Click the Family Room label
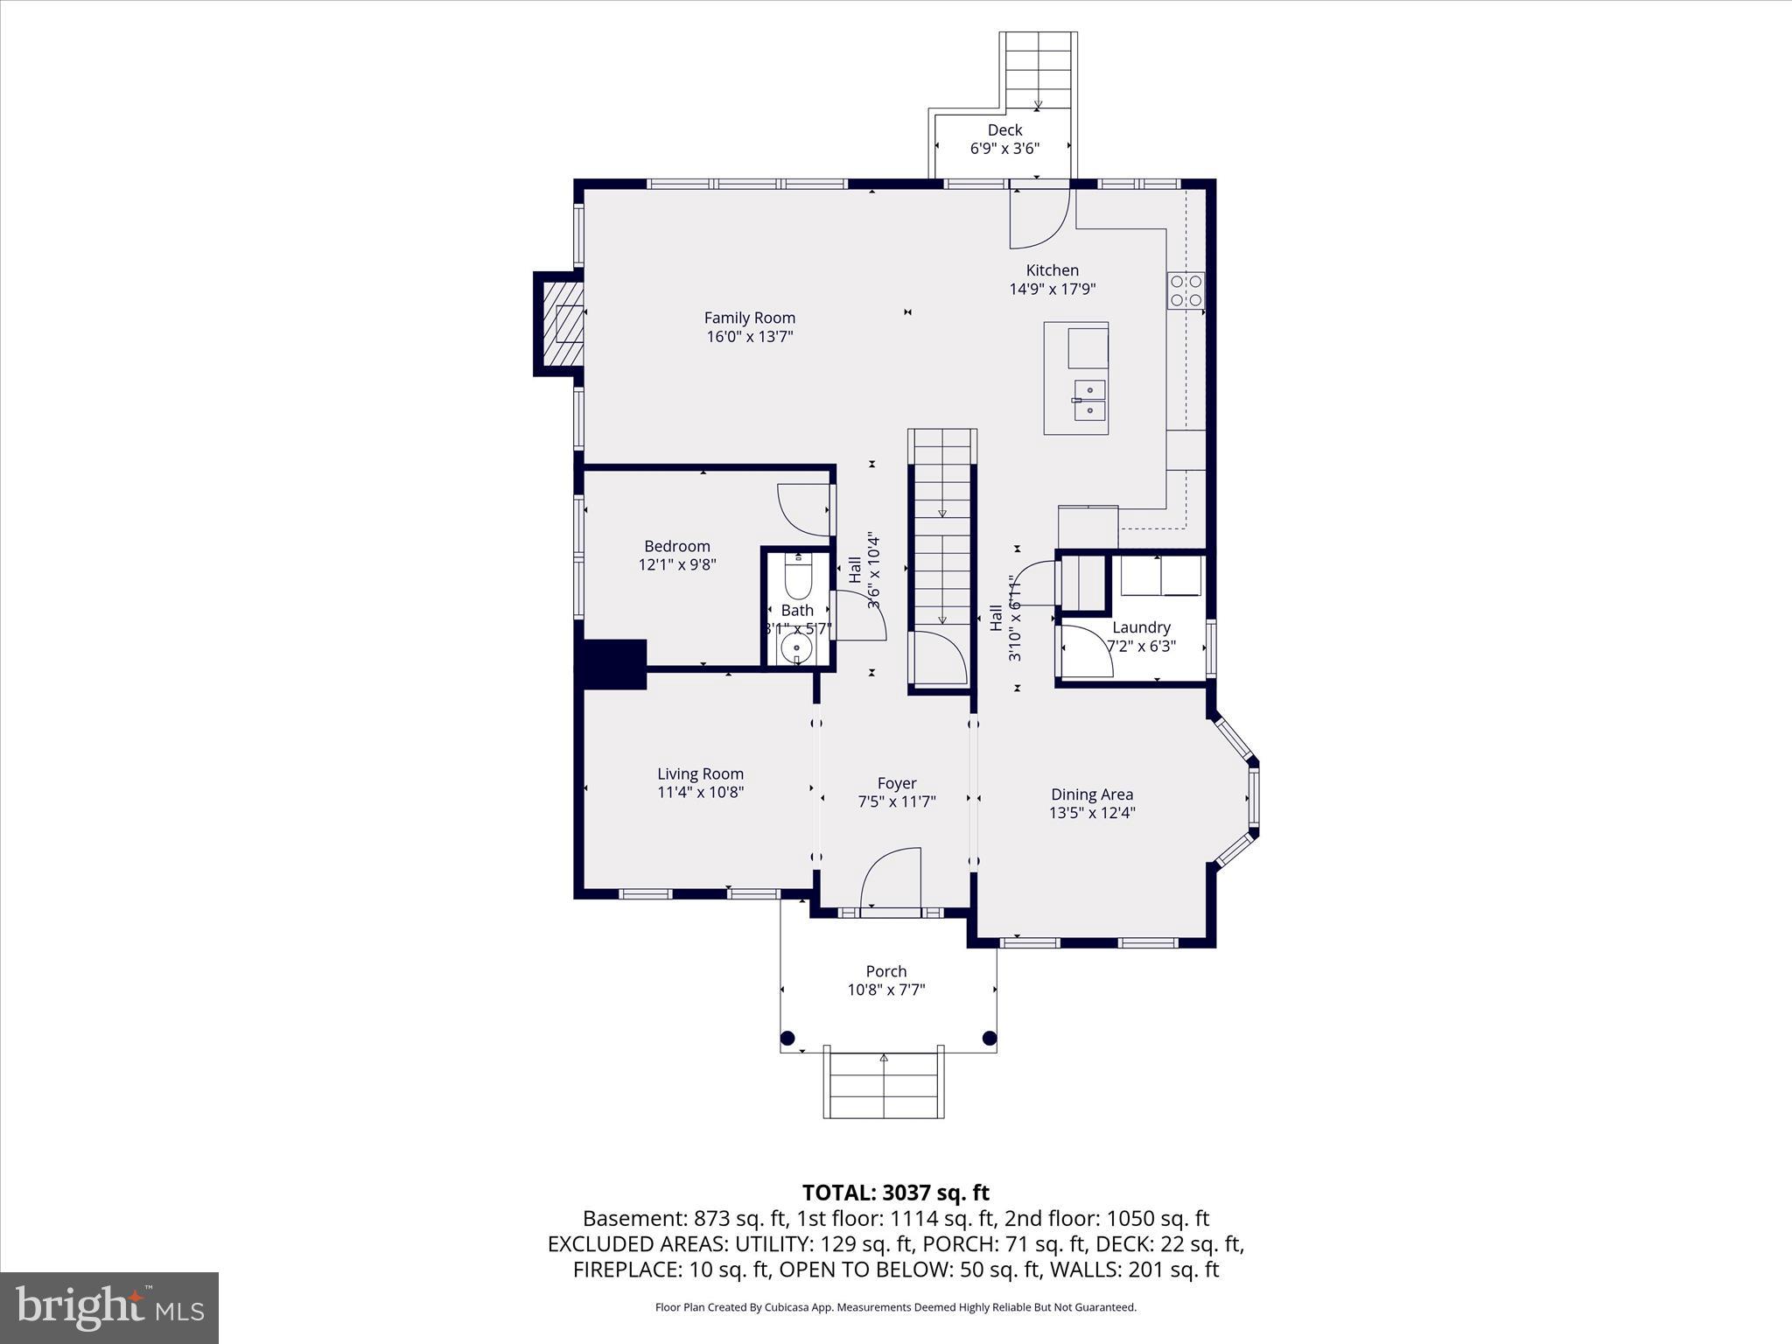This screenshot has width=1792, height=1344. [749, 318]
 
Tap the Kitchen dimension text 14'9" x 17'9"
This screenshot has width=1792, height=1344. [1052, 289]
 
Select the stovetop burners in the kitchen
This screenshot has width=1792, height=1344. [1186, 290]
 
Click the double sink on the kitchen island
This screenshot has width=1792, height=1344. [1089, 400]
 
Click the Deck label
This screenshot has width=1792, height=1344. [1004, 130]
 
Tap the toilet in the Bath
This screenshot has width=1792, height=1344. [798, 577]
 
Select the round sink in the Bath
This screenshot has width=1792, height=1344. [797, 648]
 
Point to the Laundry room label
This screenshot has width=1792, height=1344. [1141, 627]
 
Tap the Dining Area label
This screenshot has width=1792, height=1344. [1091, 794]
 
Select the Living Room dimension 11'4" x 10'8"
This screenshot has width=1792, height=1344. [700, 793]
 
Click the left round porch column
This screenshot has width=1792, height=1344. [787, 1039]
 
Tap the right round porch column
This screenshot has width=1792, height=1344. [990, 1039]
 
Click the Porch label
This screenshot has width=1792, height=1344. [885, 971]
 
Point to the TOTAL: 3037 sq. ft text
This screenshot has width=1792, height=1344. [895, 1193]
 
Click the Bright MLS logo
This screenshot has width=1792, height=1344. [109, 1307]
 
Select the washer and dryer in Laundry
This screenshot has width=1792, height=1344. [1161, 575]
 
